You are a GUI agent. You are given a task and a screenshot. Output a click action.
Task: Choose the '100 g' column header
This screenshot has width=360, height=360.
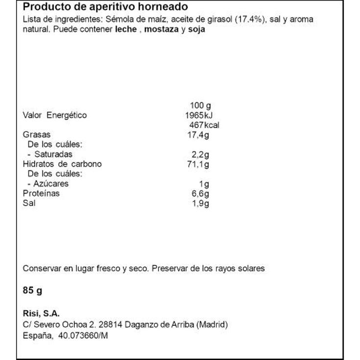[x=200, y=105]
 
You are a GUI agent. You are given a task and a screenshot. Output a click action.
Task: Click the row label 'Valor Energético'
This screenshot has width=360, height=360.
[x=55, y=115]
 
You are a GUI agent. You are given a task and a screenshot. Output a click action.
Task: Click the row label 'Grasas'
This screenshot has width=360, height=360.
[x=37, y=135]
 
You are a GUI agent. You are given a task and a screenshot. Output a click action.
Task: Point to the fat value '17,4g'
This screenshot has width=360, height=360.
[x=198, y=135]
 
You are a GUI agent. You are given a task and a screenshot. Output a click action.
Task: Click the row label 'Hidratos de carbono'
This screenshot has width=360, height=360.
[x=62, y=164]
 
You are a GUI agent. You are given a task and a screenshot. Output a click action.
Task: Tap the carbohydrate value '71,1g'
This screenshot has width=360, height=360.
[x=198, y=164]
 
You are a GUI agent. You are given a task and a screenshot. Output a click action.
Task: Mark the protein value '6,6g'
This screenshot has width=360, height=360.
[x=200, y=193]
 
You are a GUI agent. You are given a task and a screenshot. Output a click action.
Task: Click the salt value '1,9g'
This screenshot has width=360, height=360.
[x=200, y=203]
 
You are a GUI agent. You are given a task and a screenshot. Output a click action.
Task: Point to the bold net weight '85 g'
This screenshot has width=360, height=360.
[x=33, y=290]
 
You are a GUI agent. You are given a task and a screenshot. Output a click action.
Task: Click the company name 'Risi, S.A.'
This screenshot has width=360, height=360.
[x=41, y=314]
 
